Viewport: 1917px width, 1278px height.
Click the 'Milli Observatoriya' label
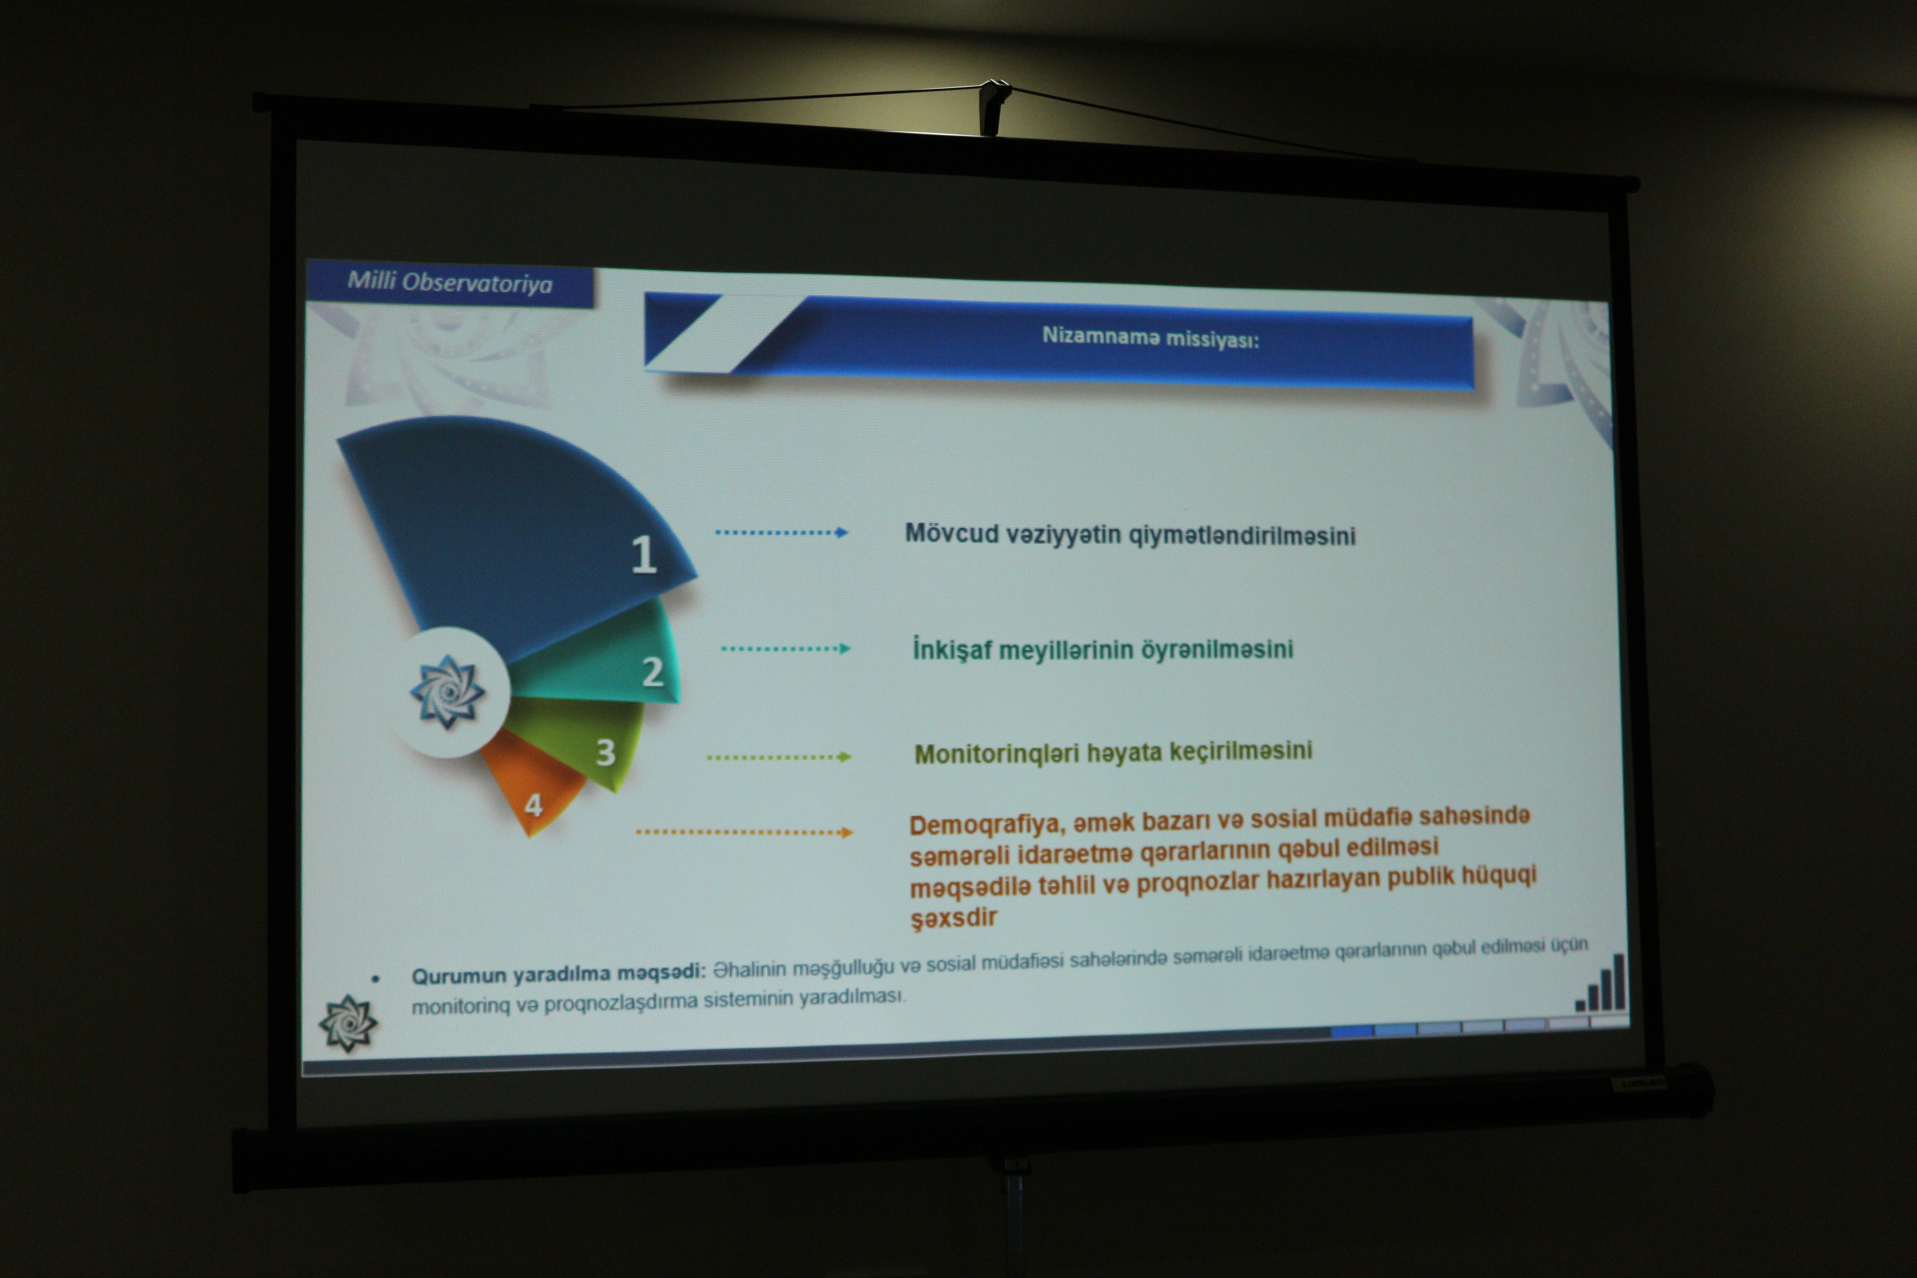pyautogui.click(x=450, y=283)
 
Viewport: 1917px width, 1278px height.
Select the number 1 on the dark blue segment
pyautogui.click(x=644, y=554)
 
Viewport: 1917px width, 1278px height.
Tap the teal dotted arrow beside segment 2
pyautogui.click(x=786, y=649)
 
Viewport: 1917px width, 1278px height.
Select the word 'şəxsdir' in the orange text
pyautogui.click(x=954, y=918)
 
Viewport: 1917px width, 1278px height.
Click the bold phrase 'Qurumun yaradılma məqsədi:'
pyautogui.click(x=558, y=974)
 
